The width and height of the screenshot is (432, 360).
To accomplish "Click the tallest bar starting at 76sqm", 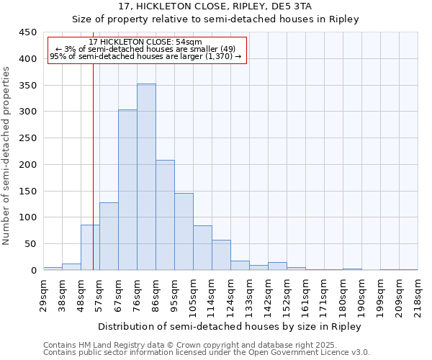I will [146, 177].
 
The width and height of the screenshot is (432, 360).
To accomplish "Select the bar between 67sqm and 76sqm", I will [127, 190].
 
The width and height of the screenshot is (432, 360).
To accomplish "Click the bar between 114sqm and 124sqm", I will [221, 255].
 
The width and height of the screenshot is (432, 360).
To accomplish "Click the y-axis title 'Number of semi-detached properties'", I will [7, 156].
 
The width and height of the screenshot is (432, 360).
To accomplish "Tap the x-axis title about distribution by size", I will [230, 326].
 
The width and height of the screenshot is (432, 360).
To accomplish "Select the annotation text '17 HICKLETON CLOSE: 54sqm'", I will [146, 42].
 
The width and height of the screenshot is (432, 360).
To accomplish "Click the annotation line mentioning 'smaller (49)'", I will [146, 49].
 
